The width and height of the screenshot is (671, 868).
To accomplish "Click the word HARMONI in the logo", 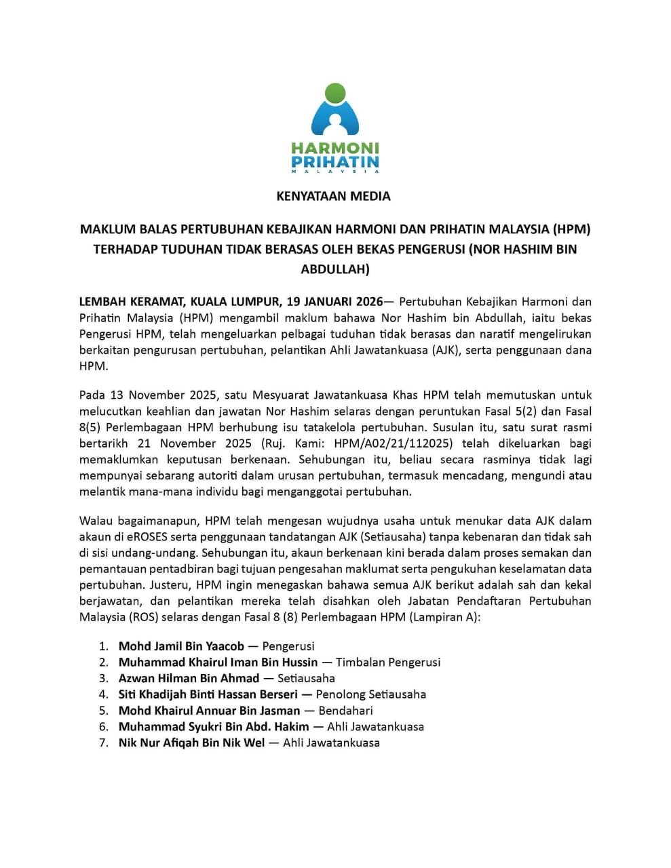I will click(335, 148).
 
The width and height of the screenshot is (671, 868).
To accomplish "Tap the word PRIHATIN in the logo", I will click(335, 162).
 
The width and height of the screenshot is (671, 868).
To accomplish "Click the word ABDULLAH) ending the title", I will click(335, 269).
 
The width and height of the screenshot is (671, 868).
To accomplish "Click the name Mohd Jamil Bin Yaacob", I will click(181, 646).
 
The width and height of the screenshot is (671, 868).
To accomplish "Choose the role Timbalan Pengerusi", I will click(388, 662).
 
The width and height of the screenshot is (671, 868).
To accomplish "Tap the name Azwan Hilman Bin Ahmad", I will click(189, 678).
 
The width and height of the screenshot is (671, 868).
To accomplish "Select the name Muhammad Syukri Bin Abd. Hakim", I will click(214, 727).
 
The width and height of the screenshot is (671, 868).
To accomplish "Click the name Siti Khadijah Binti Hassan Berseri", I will click(208, 694).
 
